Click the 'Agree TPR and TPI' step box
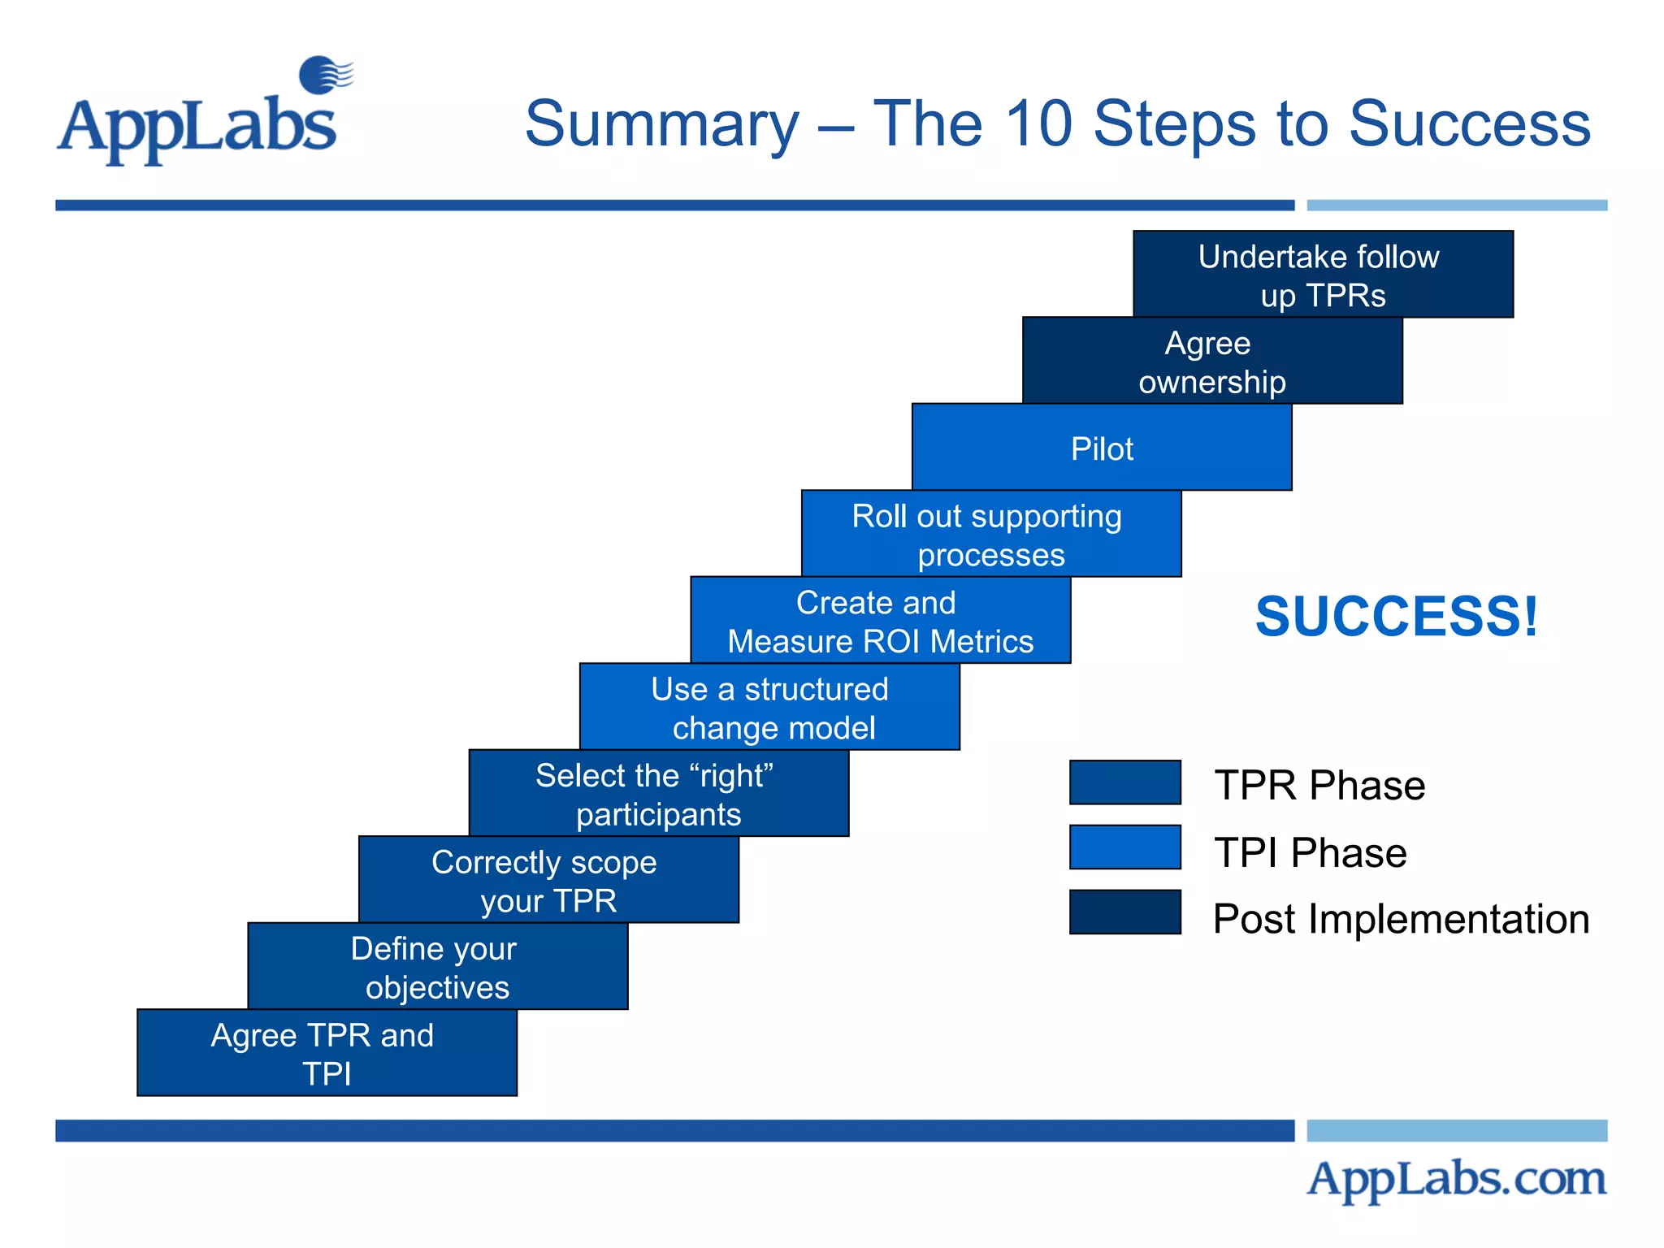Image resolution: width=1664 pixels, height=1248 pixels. (327, 1053)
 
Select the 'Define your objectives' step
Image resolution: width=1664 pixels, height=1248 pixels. (437, 967)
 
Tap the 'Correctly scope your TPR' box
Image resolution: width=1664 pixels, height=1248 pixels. (548, 881)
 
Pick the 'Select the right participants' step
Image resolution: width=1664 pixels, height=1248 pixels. (658, 794)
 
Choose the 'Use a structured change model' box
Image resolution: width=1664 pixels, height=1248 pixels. (769, 708)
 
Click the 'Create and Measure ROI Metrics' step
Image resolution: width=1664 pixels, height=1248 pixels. (880, 621)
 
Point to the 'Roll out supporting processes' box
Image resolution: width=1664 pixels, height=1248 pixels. (990, 535)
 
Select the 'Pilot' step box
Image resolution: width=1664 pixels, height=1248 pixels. (1102, 448)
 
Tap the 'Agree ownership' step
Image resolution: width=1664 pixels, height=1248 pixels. (1212, 362)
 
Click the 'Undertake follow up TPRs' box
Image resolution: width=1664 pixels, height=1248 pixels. (1323, 275)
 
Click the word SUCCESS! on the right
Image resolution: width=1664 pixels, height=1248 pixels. (1396, 616)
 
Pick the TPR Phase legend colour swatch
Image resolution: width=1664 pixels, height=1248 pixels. (1124, 782)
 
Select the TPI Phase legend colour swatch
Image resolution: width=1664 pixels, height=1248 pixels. (1124, 847)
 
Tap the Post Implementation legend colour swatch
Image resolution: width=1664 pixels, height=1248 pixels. (1124, 912)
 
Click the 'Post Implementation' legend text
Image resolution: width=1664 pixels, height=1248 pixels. (1401, 919)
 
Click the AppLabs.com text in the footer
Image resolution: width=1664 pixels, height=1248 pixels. (1456, 1178)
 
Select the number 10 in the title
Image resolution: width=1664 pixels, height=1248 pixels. (1038, 123)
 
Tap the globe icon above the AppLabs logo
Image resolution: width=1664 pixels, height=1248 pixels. (323, 75)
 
